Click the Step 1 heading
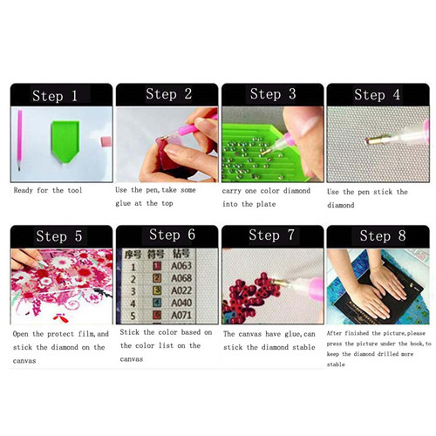click(x=55, y=96)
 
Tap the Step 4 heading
click(x=377, y=95)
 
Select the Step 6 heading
click(x=172, y=235)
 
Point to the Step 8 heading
click(x=383, y=235)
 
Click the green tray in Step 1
click(x=65, y=141)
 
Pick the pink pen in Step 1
click(x=19, y=140)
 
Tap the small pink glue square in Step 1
click(x=106, y=141)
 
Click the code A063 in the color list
click(x=181, y=266)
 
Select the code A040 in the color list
click(x=181, y=303)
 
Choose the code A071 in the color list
click(x=181, y=316)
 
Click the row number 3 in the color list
click(x=133, y=291)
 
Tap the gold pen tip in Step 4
click(x=375, y=141)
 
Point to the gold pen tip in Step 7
click(x=279, y=283)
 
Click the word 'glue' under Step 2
click(x=123, y=203)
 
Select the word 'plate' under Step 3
click(x=266, y=204)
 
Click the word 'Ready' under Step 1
click(x=23, y=191)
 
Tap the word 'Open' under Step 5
click(x=20, y=334)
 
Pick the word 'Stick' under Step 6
click(x=129, y=332)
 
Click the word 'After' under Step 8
click(x=334, y=333)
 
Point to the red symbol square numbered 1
click(x=157, y=266)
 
